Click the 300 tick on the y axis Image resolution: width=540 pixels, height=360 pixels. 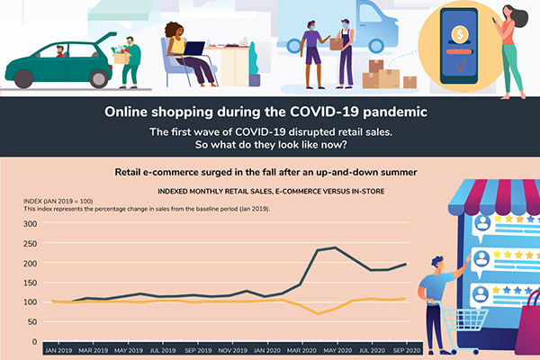[x=31, y=224]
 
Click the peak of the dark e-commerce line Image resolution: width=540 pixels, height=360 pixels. [x=335, y=247]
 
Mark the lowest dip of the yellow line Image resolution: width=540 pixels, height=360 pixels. [x=318, y=314]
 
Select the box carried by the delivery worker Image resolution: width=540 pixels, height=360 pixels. [x=336, y=42]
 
